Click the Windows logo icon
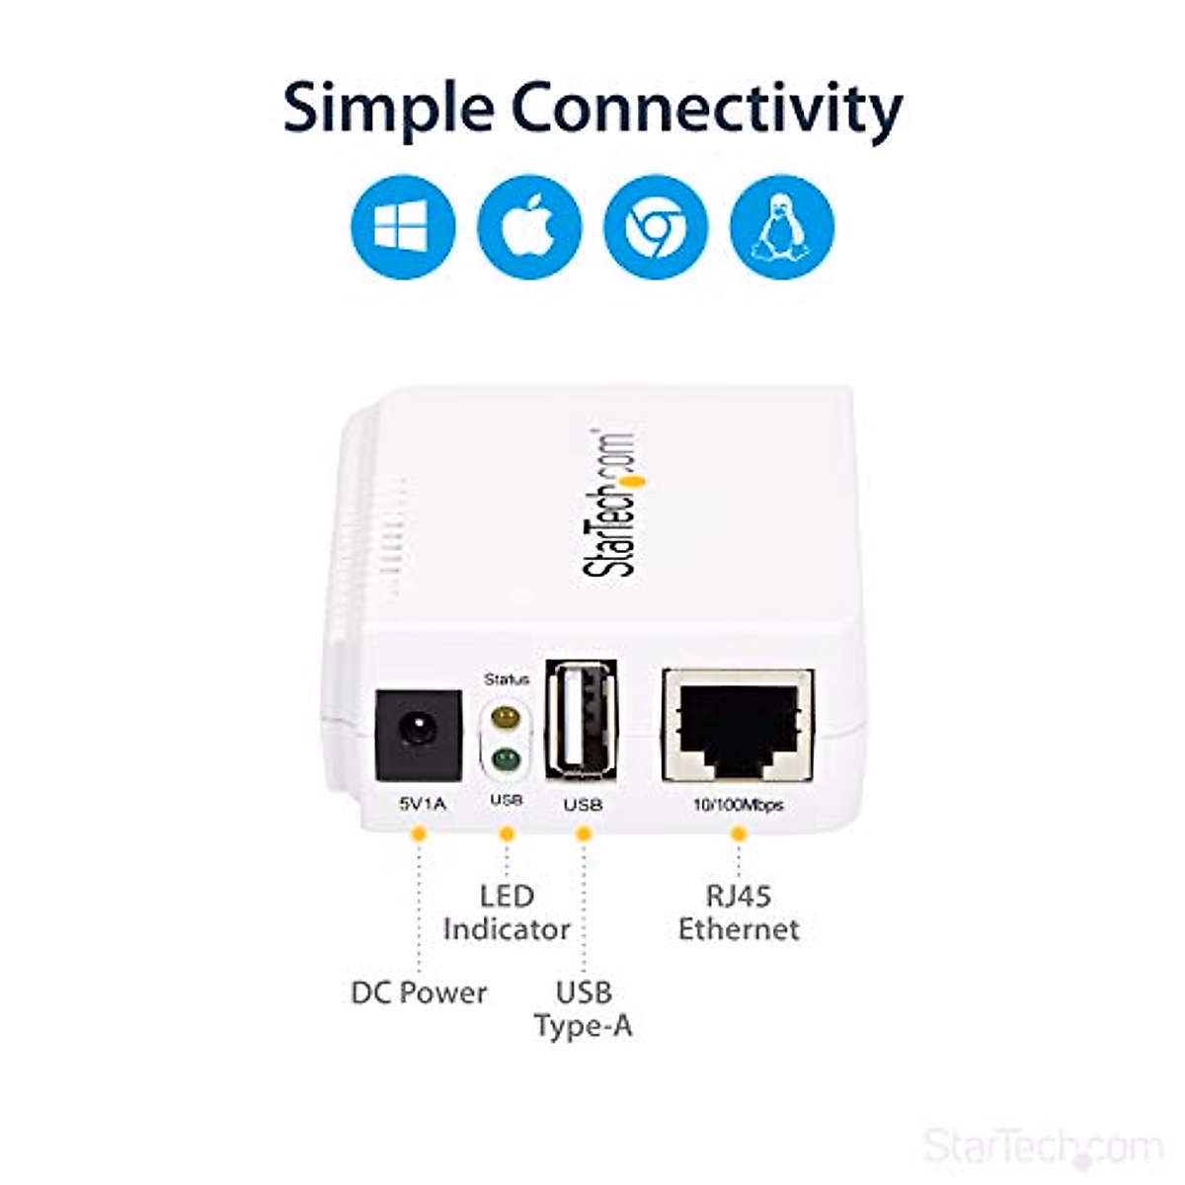click(x=403, y=227)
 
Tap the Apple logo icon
click(x=529, y=227)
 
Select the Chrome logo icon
click(x=656, y=227)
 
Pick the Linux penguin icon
click(x=782, y=227)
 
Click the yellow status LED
click(x=506, y=716)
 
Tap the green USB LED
click(x=506, y=759)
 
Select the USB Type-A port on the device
click(x=582, y=717)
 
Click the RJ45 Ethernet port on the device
click(x=739, y=723)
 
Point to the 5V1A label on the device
click(x=422, y=805)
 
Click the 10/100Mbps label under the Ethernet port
click(x=738, y=806)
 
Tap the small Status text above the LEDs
click(x=507, y=679)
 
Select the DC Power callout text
click(x=419, y=992)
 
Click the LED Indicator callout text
click(x=507, y=913)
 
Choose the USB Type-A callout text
click(x=584, y=1009)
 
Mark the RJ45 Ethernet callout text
click(x=739, y=913)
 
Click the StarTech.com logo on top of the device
click(x=610, y=504)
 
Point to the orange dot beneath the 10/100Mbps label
click(x=739, y=834)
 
